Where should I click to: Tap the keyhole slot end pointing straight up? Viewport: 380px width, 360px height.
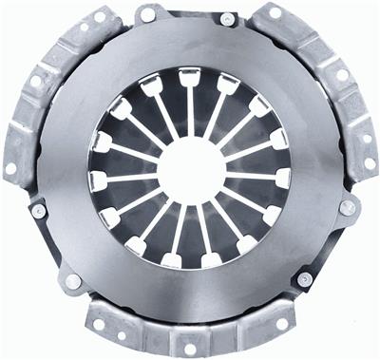(190, 76)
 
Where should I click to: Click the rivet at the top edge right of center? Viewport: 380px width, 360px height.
(228, 18)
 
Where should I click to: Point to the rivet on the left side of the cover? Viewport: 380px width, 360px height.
(39, 211)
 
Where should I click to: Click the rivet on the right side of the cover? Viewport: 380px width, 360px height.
(348, 206)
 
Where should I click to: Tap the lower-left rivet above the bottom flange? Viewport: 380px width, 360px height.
(73, 282)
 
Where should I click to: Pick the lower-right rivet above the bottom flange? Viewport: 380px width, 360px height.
(304, 279)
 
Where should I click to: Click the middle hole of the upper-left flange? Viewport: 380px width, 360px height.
(36, 82)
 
